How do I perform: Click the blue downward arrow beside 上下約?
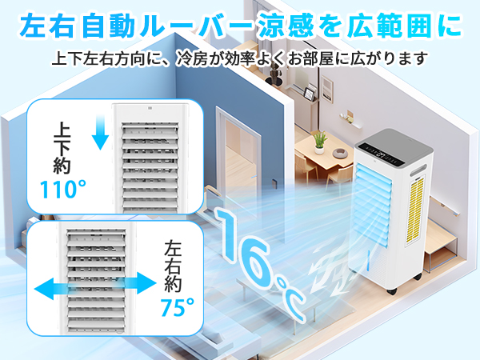[100, 131]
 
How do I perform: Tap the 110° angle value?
[62, 190]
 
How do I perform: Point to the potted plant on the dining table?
[320, 142]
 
